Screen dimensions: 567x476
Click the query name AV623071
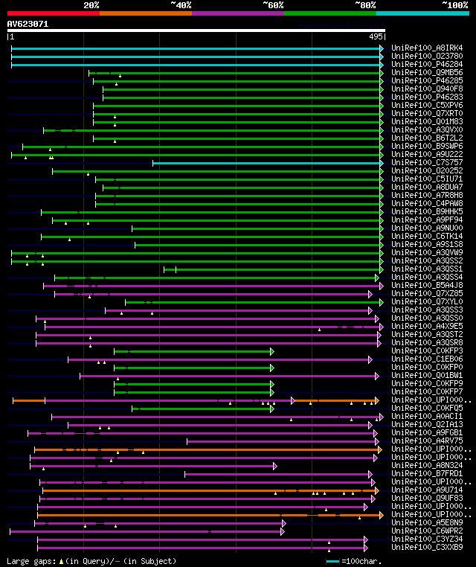28,24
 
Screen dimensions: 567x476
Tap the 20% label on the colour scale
91,5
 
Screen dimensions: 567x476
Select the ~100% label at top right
454,5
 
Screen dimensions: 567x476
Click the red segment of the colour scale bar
53,13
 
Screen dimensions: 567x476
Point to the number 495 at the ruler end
375,36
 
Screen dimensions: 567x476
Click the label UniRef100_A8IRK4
427,48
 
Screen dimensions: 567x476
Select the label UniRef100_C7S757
427,162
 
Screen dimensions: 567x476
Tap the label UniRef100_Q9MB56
427,73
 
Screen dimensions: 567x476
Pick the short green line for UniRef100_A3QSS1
170,269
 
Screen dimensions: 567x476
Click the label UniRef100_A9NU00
427,228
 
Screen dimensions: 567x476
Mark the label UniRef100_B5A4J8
427,285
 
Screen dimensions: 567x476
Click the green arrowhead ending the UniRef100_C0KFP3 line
272,350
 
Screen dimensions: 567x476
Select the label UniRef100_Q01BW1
427,375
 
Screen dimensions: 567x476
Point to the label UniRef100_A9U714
427,490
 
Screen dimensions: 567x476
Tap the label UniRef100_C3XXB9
427,548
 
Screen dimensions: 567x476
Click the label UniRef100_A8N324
427,466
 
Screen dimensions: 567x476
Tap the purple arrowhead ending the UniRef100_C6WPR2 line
283,531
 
